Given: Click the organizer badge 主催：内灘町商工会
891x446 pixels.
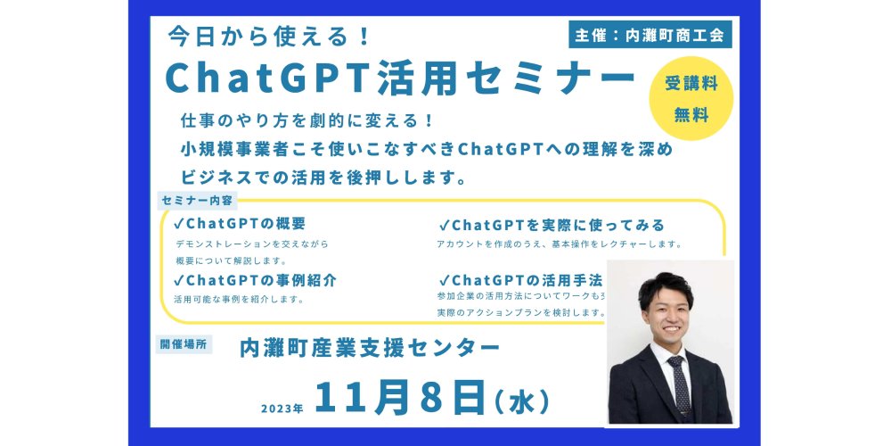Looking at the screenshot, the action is [650, 35].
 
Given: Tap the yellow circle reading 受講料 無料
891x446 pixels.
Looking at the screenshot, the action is [691, 98].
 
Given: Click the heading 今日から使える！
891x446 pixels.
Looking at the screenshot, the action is [269, 37].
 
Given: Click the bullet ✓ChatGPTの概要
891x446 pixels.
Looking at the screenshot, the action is [240, 223].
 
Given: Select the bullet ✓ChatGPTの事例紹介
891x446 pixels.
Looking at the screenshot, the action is [255, 280].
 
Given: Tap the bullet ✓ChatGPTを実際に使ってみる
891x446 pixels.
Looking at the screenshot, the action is [552, 226].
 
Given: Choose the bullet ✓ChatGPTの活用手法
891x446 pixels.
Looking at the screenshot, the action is [521, 280].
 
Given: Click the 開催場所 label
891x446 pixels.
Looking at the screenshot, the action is [184, 344].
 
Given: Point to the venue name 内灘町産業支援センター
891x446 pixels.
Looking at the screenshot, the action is [370, 348].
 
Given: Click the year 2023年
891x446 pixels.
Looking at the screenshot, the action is [282, 409].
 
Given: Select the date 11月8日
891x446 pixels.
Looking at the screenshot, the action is [400, 397].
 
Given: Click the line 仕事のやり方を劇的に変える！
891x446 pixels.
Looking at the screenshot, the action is [307, 120].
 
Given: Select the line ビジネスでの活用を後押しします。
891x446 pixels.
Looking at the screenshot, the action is [319, 178].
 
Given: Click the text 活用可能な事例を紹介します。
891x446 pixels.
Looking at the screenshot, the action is [239, 299].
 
